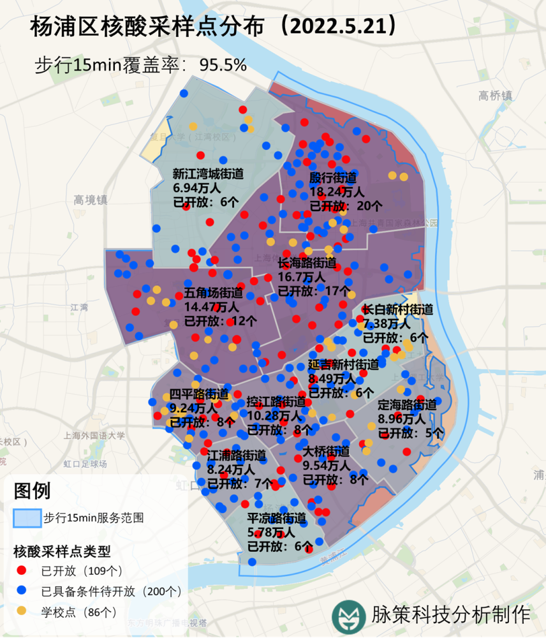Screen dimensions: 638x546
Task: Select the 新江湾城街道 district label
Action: click(208, 174)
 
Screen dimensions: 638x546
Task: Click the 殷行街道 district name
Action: click(333, 177)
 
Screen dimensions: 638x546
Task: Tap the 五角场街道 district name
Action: click(214, 293)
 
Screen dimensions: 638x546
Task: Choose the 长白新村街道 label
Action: click(397, 309)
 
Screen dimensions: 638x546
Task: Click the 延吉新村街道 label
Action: click(343, 364)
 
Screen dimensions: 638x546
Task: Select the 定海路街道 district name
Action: click(407, 404)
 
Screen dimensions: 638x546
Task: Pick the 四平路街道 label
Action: click(199, 394)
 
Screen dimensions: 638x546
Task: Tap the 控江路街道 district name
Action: click(276, 402)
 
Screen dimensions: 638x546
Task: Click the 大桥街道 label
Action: click(326, 451)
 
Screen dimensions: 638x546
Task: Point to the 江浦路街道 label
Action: click(237, 456)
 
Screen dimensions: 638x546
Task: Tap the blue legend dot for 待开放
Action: click(22, 591)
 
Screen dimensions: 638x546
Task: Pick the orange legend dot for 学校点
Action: click(22, 611)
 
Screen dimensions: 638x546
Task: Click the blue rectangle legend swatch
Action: click(27, 517)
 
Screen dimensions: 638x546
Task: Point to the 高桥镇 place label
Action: click(496, 96)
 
